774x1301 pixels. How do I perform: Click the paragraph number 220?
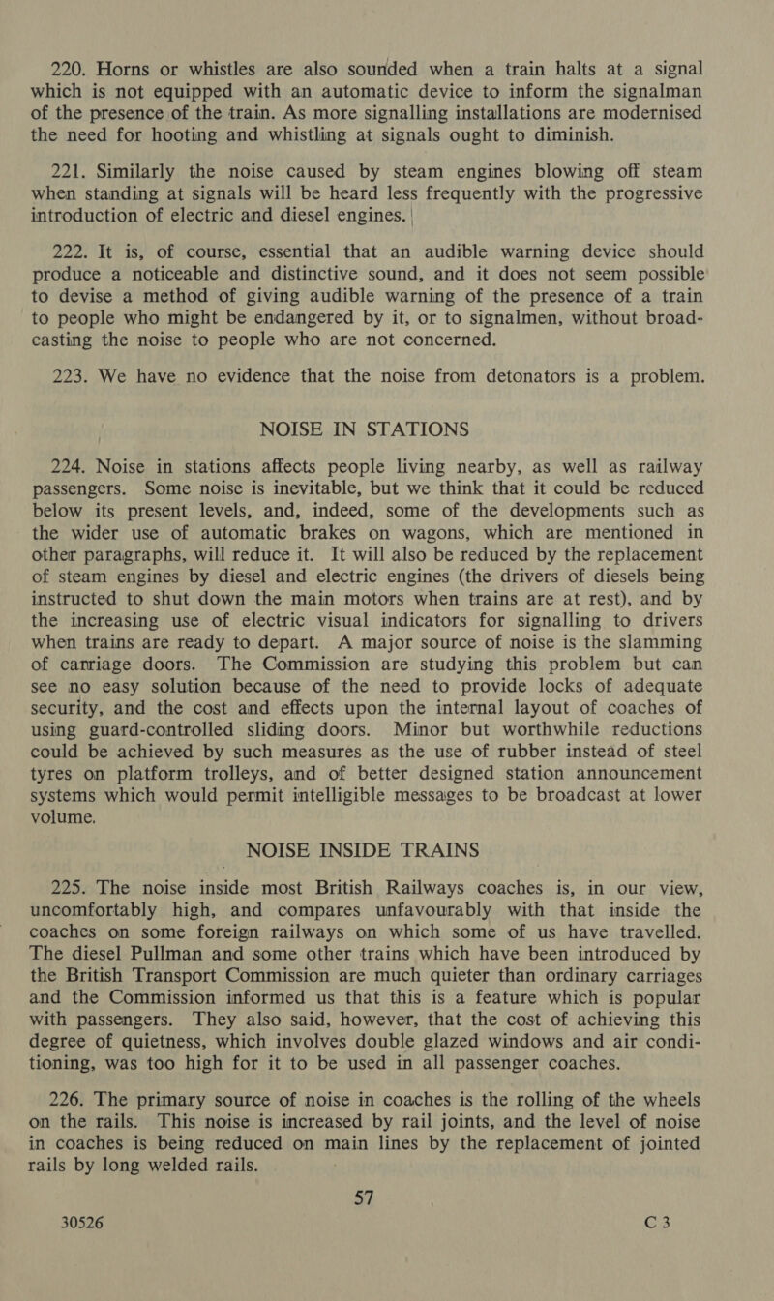tap(45, 42)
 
